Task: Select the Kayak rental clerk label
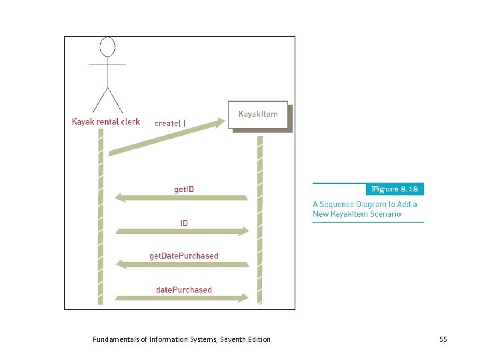(x=106, y=121)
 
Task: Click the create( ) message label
(x=170, y=123)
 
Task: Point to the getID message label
(x=185, y=189)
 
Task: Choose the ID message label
(x=184, y=223)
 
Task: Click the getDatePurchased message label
(x=183, y=255)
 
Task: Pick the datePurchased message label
(x=183, y=289)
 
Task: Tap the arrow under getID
(x=181, y=198)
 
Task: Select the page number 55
(x=443, y=339)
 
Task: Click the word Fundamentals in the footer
(x=114, y=339)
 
